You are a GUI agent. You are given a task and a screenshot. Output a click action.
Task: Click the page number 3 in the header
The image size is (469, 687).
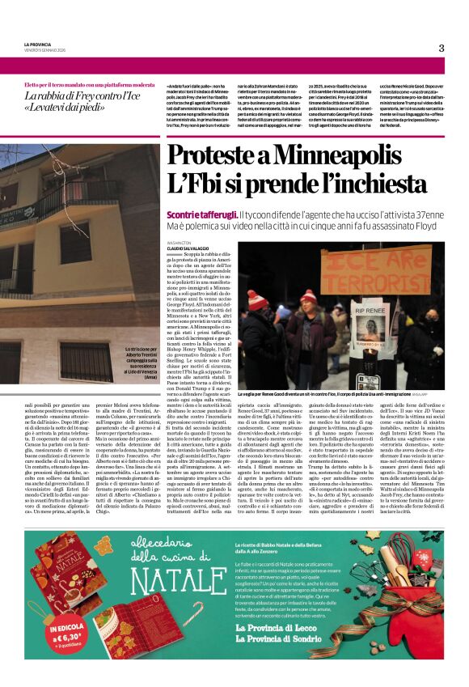pyautogui.click(x=441, y=48)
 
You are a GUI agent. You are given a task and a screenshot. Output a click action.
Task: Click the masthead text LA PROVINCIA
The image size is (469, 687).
pyautogui.click(x=36, y=44)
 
